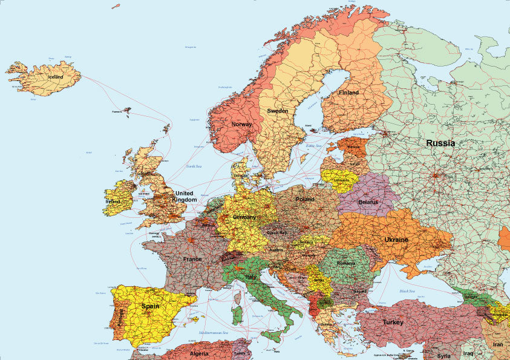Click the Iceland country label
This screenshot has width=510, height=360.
(x=55, y=77)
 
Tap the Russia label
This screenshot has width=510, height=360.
(x=440, y=143)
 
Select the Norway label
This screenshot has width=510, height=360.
(x=241, y=124)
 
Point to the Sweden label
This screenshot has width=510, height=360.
(x=278, y=111)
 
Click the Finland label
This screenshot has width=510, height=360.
(x=348, y=93)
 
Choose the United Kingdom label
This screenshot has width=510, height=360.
(x=185, y=196)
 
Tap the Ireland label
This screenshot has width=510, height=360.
(x=113, y=201)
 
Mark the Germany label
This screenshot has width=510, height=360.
(x=244, y=217)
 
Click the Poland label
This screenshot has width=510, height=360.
(x=305, y=199)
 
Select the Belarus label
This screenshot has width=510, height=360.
(x=368, y=201)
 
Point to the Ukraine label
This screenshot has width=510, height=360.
(x=396, y=240)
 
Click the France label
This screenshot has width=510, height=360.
(x=192, y=259)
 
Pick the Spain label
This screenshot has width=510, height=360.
(x=150, y=306)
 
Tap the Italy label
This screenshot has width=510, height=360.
(x=250, y=277)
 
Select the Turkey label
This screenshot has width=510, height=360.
(x=393, y=322)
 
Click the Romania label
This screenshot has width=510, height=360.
(x=346, y=264)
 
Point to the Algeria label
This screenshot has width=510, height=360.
(x=199, y=353)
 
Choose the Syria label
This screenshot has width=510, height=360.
(x=444, y=355)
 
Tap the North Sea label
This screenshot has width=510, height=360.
(x=194, y=166)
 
